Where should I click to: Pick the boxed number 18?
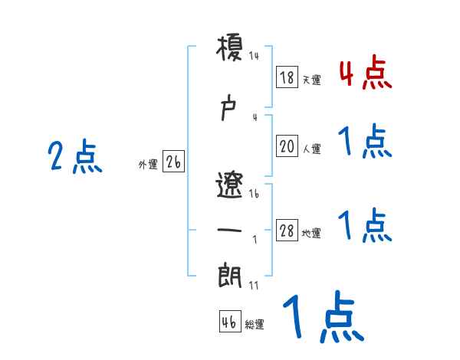click(x=287, y=77)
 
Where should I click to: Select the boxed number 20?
click(x=287, y=146)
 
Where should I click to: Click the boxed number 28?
click(x=287, y=231)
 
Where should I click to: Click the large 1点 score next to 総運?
click(x=322, y=317)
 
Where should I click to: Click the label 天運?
click(x=311, y=80)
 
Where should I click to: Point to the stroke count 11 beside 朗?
click(x=254, y=285)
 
